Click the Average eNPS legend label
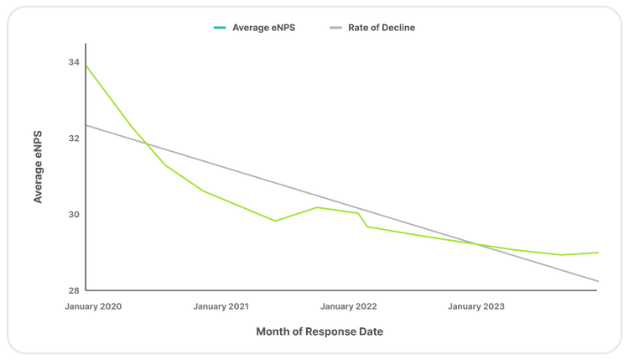coord(263,28)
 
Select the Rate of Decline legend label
coord(382,28)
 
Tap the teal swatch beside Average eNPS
coord(220,28)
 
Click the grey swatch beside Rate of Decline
coord(335,28)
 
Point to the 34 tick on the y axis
coord(74,62)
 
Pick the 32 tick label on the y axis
coord(74,138)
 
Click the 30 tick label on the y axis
coord(74,214)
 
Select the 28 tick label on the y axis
coord(74,290)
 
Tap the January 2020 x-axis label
coord(93,306)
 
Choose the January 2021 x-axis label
coord(221,306)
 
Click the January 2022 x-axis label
coord(349,306)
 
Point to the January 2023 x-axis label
coord(476,306)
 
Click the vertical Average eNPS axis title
coord(38,167)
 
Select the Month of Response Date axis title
coord(320,331)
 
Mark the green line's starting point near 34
coord(86,65)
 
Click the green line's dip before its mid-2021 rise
coord(275,221)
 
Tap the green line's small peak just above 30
coord(317,207)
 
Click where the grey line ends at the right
coord(598,281)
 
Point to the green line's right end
coord(598,253)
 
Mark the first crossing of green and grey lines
coord(147,144)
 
